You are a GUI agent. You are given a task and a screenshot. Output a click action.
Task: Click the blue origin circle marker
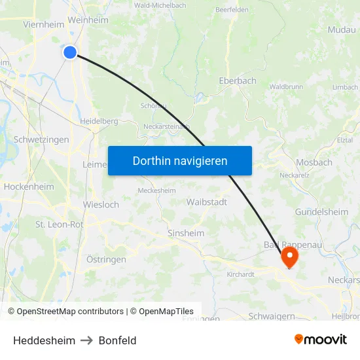click(x=70, y=52)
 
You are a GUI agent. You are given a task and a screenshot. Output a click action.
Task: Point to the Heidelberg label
click(x=99, y=121)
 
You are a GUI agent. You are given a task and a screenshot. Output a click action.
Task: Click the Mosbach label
click(x=314, y=162)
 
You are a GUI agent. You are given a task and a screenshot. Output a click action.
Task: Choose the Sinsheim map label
click(x=186, y=233)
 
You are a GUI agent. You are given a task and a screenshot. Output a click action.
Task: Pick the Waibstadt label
click(x=207, y=202)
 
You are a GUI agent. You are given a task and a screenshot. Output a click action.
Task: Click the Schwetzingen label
click(x=41, y=140)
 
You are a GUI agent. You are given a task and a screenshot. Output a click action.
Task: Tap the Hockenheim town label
click(x=29, y=187)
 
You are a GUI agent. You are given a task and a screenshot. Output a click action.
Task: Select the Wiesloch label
click(x=101, y=205)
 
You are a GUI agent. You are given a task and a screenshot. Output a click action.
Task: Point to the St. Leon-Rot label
click(x=59, y=225)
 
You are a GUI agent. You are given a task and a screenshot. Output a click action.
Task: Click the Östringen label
click(x=106, y=260)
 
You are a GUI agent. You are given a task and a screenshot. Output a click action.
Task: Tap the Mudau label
click(x=341, y=30)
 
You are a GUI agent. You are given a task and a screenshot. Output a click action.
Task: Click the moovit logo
click(x=320, y=339)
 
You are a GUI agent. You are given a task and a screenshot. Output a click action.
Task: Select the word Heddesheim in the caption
click(x=44, y=340)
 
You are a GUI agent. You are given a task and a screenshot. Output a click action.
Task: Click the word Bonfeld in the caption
click(x=117, y=340)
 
